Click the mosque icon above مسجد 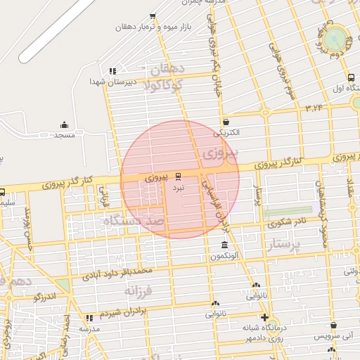(x=65, y=124)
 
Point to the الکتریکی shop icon (x=225, y=122)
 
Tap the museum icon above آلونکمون (x=224, y=245)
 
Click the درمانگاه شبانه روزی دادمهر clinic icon (x=264, y=317)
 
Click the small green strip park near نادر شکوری (x=288, y=210)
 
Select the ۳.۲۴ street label (x=314, y=107)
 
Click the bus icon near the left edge (x=2, y=192)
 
